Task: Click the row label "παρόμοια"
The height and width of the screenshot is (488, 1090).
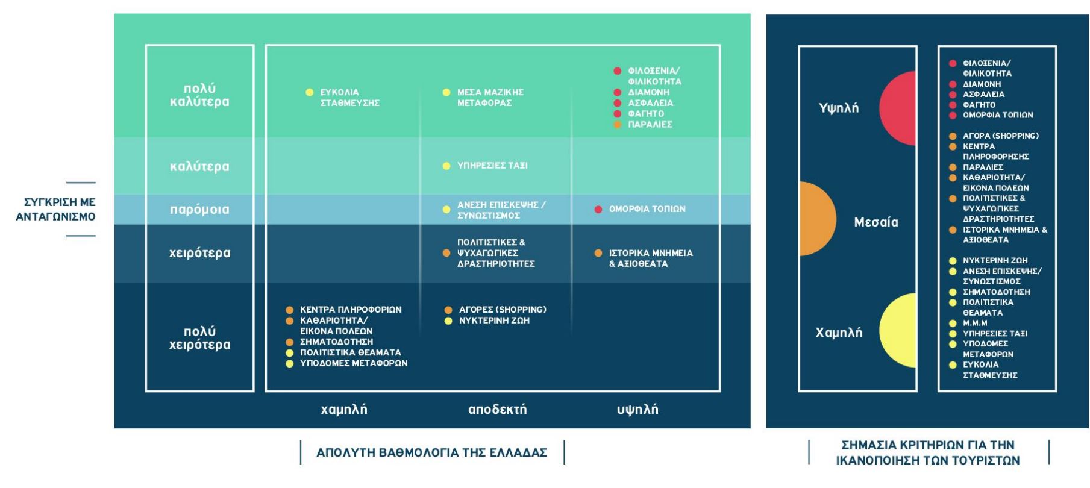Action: (199, 210)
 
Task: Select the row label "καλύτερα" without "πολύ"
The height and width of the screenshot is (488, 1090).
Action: (199, 166)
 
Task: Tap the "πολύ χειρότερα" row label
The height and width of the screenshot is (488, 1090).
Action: (199, 338)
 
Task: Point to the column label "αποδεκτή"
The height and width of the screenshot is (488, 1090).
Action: (497, 410)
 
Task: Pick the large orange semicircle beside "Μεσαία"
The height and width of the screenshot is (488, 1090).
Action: (817, 219)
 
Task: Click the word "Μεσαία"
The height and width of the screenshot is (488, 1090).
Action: (876, 222)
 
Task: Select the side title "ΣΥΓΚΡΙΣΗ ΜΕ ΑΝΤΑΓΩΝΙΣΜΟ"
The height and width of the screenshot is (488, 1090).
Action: (55, 209)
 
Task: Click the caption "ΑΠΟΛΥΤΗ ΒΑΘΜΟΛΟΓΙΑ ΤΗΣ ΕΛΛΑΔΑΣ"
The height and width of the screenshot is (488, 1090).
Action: (432, 452)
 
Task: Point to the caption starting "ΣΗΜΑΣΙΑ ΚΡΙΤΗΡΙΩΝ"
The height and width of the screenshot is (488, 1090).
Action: (928, 452)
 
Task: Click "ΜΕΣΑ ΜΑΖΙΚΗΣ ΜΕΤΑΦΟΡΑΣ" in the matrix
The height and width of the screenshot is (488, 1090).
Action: (490, 98)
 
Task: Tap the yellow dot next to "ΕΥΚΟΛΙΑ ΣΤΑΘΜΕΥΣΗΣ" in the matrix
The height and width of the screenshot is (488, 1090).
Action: (310, 92)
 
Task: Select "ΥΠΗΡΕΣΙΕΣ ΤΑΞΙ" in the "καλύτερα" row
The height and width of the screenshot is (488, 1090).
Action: (492, 166)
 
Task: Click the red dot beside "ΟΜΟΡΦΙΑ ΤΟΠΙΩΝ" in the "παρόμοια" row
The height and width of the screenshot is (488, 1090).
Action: (598, 210)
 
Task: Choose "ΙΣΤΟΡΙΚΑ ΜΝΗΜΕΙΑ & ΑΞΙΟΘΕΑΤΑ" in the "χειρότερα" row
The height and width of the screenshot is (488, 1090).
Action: (651, 258)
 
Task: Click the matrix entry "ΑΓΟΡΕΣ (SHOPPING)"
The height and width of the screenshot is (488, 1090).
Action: (503, 310)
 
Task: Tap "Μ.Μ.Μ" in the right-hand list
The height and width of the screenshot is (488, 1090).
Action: (975, 323)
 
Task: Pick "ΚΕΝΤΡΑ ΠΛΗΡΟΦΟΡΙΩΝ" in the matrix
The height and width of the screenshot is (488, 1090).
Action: (351, 310)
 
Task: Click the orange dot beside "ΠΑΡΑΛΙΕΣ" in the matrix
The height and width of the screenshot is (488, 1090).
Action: (618, 125)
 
